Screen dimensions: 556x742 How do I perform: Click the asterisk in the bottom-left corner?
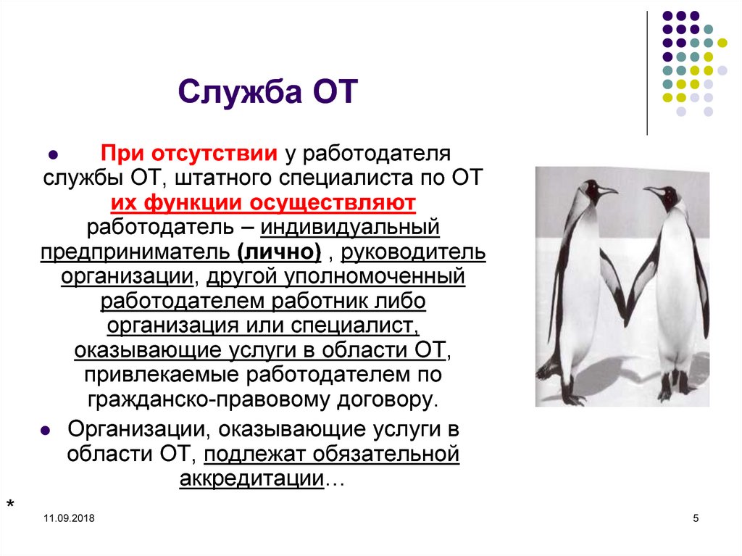pyautogui.click(x=10, y=505)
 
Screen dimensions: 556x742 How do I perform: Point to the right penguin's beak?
pyautogui.click(x=651, y=191)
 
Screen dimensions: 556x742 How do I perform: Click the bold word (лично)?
pyautogui.click(x=279, y=252)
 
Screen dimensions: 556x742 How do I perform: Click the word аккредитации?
pyautogui.click(x=251, y=478)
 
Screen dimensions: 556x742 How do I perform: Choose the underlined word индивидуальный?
pyautogui.click(x=351, y=228)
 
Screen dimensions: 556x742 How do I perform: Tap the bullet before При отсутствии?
pyautogui.click(x=52, y=156)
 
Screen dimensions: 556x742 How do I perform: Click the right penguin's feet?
pyautogui.click(x=674, y=391)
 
